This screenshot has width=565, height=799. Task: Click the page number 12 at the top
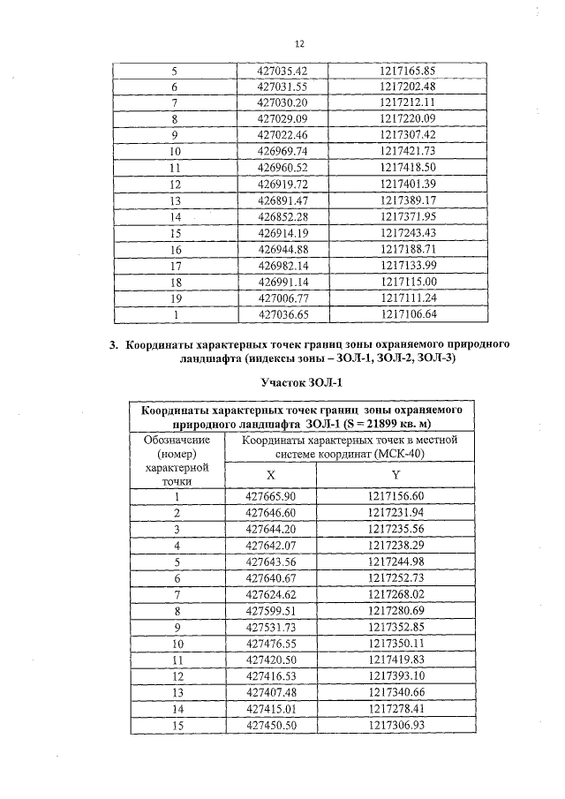[298, 43]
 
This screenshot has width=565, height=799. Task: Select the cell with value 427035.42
[277, 71]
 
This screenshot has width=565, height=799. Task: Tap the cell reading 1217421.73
[408, 151]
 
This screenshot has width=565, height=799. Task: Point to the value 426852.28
[277, 216]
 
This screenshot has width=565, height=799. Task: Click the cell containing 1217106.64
[408, 313]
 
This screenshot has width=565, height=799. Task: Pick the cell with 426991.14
[277, 281]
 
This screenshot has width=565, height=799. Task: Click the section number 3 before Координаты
[113, 344]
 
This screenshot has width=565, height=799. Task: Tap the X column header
[270, 473]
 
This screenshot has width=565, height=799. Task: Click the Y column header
[395, 473]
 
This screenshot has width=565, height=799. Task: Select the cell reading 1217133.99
[408, 265]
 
